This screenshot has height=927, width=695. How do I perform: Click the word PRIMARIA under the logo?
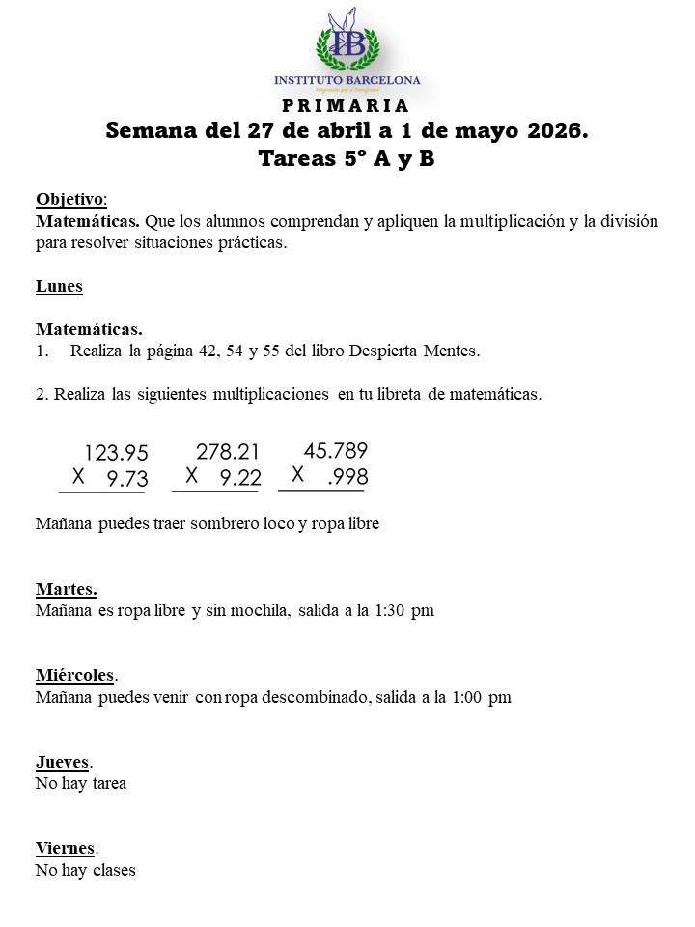click(x=347, y=105)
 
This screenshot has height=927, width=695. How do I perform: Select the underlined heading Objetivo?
click(x=70, y=199)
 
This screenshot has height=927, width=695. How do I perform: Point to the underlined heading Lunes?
click(x=59, y=286)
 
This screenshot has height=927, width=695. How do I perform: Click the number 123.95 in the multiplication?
click(x=117, y=453)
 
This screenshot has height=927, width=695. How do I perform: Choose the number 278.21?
click(x=228, y=451)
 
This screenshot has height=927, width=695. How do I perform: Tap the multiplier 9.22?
click(x=239, y=477)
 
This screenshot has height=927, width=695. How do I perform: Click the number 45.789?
click(x=335, y=450)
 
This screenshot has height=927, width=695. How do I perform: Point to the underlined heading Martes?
click(x=66, y=589)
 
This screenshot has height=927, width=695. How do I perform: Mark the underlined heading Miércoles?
click(x=75, y=675)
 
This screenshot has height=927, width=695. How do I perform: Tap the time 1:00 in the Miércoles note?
click(x=469, y=697)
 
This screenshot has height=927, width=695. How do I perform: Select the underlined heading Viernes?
click(x=66, y=848)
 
